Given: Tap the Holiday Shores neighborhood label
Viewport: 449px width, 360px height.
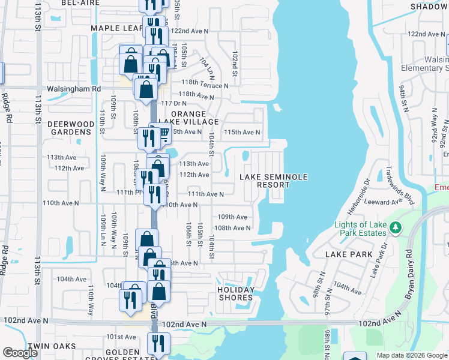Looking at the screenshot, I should (x=235, y=293).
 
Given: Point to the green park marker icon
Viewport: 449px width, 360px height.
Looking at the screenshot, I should (x=395, y=228).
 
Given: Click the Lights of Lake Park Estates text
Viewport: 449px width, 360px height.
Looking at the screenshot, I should (x=360, y=229).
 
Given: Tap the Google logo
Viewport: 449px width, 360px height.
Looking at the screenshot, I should (x=20, y=353).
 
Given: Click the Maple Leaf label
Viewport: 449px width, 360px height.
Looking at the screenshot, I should (x=116, y=28).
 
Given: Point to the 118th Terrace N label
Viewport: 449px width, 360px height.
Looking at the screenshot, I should (x=205, y=86).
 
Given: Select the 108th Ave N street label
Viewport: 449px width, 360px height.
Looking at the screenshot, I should (x=232, y=228).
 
